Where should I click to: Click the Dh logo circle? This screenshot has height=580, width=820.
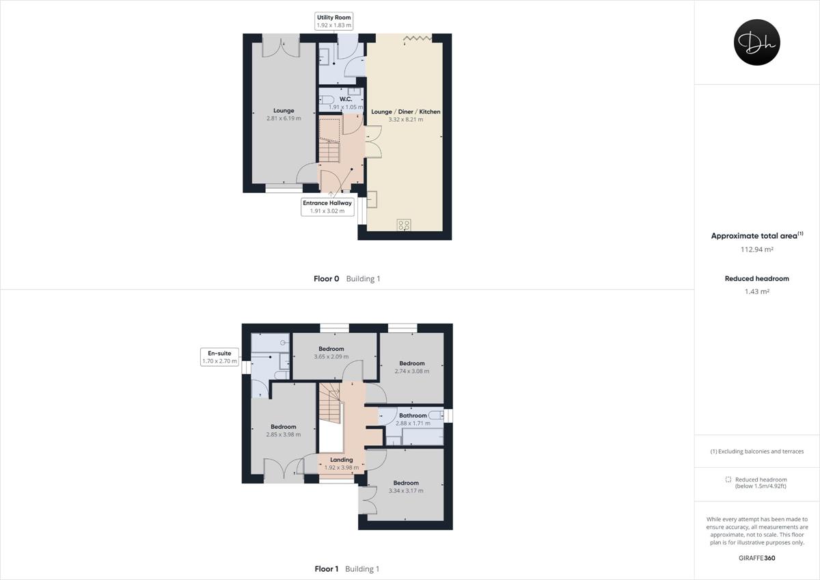tap(756, 42)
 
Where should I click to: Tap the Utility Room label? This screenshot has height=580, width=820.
tap(334, 17)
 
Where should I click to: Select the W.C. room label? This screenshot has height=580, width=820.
tap(345, 99)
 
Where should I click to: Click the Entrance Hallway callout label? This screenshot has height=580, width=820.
tap(327, 203)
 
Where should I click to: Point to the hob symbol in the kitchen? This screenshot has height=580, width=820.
tap(404, 224)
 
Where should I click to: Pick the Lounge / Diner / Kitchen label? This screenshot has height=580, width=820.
tap(405, 111)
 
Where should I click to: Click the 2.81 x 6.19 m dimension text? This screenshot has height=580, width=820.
tap(284, 119)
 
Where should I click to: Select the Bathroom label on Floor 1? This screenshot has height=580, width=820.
tap(413, 415)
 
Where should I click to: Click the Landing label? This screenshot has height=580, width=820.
tap(341, 460)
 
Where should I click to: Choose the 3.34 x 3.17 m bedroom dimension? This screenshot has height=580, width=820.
tap(406, 491)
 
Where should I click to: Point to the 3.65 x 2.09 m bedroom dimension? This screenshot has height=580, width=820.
tap(331, 356)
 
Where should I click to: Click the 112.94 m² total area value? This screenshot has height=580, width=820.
tap(756, 250)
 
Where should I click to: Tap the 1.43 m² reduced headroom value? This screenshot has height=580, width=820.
tap(756, 292)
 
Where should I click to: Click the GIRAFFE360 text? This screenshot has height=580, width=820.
tap(756, 558)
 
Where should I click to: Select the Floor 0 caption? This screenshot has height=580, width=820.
tap(326, 279)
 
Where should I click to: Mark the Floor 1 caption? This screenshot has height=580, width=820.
tap(326, 569)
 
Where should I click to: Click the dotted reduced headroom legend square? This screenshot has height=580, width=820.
tap(728, 479)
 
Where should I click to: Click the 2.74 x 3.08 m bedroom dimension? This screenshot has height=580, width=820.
tap(412, 371)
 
